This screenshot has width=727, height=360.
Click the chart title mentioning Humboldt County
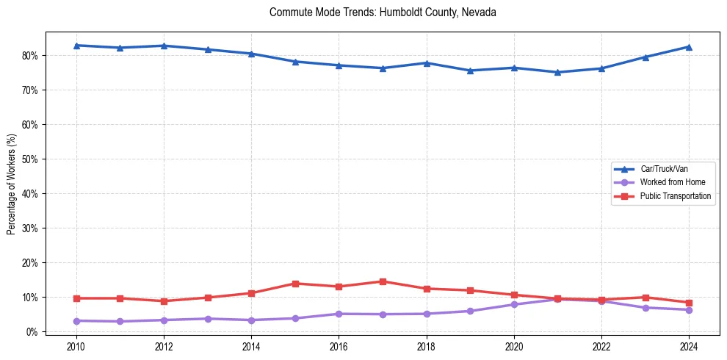(x=383, y=12)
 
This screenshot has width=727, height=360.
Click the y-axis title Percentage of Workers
(x=12, y=184)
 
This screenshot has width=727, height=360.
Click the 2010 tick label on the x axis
(x=76, y=347)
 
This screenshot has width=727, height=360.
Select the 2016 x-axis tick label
(x=339, y=347)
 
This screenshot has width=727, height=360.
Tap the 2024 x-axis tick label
(x=689, y=347)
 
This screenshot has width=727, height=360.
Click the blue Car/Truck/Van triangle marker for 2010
(x=76, y=46)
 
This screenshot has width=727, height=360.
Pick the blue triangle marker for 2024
(x=689, y=47)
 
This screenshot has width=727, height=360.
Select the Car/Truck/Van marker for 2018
(x=426, y=63)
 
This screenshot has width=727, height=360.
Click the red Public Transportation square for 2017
(x=383, y=281)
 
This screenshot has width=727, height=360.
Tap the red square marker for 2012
(x=164, y=301)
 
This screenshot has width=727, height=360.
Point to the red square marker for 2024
(x=689, y=303)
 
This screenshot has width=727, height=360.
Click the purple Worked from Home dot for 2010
(x=76, y=321)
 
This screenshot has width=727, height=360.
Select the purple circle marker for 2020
(x=514, y=304)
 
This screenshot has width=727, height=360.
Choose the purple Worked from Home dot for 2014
(x=251, y=320)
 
